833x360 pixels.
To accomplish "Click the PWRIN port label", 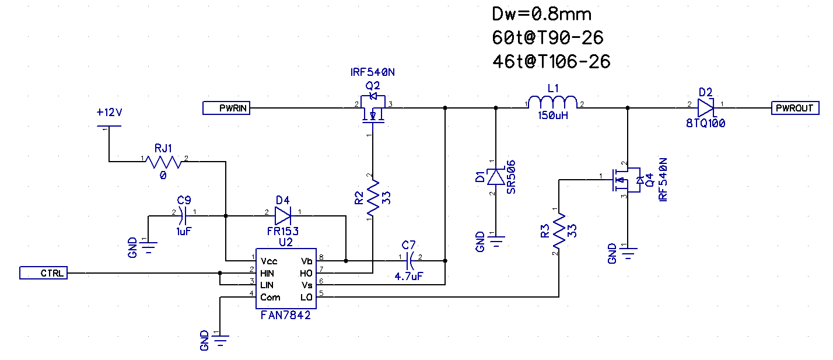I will click(227, 108).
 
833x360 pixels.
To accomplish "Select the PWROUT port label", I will click(794, 108).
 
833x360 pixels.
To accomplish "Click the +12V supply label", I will click(109, 112).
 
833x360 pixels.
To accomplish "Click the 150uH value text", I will click(552, 116).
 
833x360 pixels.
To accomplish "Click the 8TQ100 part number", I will click(706, 124).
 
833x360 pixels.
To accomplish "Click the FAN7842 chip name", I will click(285, 315).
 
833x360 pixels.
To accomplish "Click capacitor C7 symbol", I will click(410, 261).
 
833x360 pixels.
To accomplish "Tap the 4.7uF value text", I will click(409, 277).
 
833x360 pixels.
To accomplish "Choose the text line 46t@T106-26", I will click(551, 61).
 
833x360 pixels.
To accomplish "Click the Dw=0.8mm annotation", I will click(542, 13).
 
